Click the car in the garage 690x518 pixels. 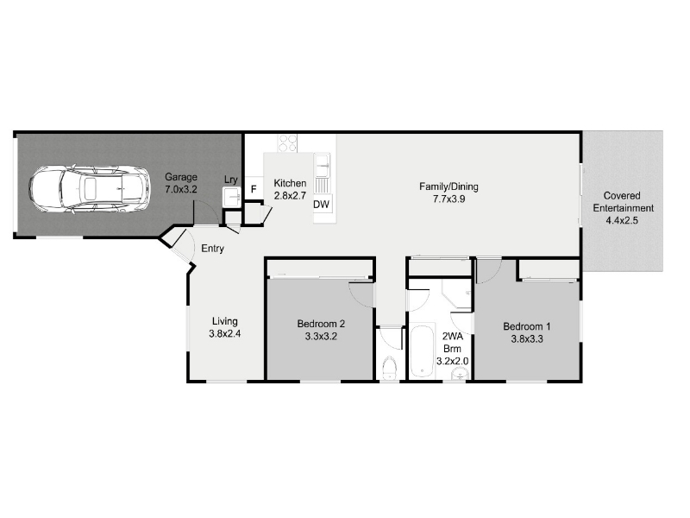[x=89, y=189]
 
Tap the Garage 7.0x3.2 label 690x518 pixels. [x=181, y=183]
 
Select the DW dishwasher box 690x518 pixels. [x=322, y=204]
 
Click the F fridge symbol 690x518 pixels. [x=254, y=189]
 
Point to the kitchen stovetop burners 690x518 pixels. [x=288, y=143]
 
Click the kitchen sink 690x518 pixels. [x=322, y=165]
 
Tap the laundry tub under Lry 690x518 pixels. [x=231, y=197]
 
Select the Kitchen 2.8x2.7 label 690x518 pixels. [x=290, y=189]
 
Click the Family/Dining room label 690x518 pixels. [x=448, y=193]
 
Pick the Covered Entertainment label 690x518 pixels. [x=623, y=208]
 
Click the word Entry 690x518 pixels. [x=212, y=249]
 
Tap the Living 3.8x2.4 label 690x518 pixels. [x=225, y=327]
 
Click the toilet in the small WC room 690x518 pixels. [x=390, y=369]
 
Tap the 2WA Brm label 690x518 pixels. [x=452, y=349]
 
